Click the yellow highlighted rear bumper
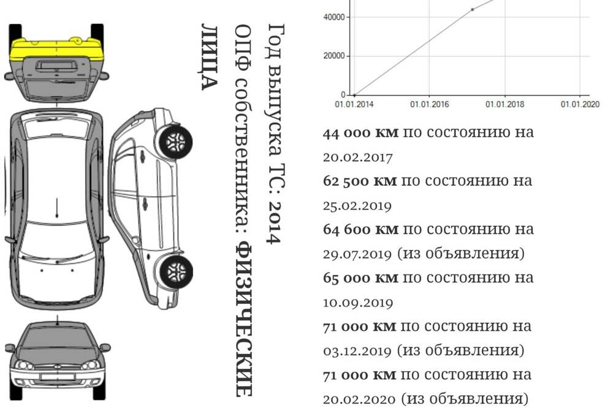point(56,49)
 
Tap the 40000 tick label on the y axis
point(334,17)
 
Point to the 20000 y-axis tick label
point(334,56)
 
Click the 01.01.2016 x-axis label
point(429,104)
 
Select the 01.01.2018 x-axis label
point(504,104)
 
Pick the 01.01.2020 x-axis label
point(580,104)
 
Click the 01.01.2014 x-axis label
point(354,104)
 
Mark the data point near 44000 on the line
point(472,9)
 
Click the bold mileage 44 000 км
point(360,133)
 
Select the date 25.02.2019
point(357,206)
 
